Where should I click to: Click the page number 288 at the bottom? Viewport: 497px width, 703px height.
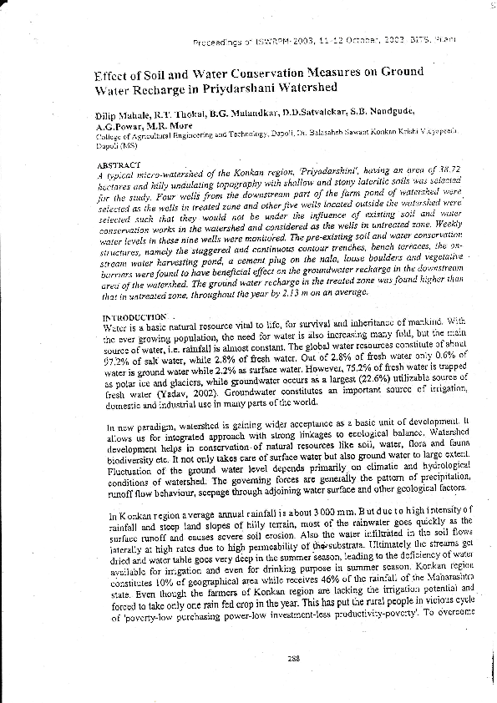click(293, 659)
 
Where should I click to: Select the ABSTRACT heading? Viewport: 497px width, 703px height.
click(119, 165)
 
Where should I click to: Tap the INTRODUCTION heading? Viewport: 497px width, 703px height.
click(133, 318)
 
